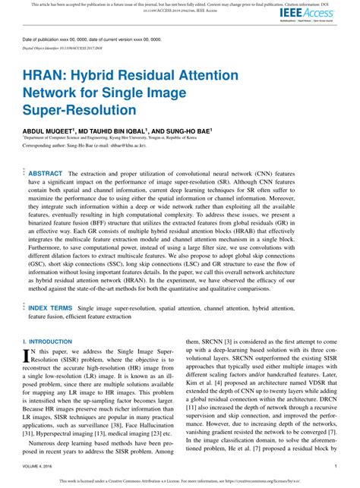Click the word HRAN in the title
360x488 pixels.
coord(45,78)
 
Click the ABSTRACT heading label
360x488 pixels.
coord(45,173)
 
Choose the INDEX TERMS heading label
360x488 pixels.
coord(50,308)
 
